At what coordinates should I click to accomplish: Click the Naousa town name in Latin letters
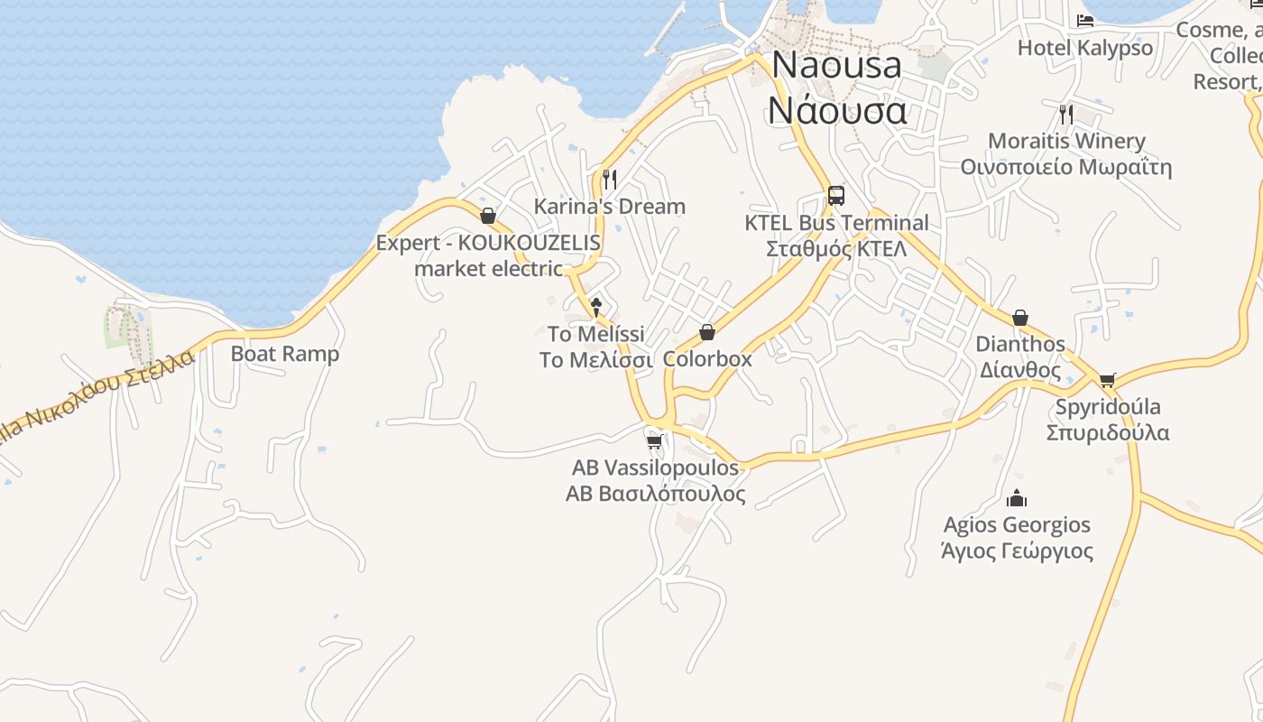(836, 65)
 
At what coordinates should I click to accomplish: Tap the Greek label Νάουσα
(836, 110)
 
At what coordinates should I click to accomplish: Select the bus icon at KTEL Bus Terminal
(836, 195)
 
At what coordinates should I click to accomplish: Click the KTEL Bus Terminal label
(836, 223)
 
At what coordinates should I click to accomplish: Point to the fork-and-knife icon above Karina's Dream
(610, 179)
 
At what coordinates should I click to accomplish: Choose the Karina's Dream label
(610, 207)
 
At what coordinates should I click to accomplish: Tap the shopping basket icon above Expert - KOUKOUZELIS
(488, 216)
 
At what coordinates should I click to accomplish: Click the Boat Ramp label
(285, 354)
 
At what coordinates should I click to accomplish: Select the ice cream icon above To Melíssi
(595, 307)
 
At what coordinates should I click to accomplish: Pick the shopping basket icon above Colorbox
(707, 332)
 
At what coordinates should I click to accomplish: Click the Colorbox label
(707, 359)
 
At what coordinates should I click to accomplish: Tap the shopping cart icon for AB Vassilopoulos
(655, 441)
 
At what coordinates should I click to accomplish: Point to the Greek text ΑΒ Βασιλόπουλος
(656, 495)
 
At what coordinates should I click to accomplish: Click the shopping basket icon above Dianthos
(1020, 318)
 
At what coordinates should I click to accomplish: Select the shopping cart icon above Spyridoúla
(1108, 380)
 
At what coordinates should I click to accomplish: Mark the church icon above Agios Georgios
(1017, 498)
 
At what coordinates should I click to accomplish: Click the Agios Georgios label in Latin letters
(1017, 525)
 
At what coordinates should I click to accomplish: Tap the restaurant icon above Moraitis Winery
(1066, 114)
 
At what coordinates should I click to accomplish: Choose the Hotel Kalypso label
(1085, 48)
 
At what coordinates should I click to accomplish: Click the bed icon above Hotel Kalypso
(1085, 20)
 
